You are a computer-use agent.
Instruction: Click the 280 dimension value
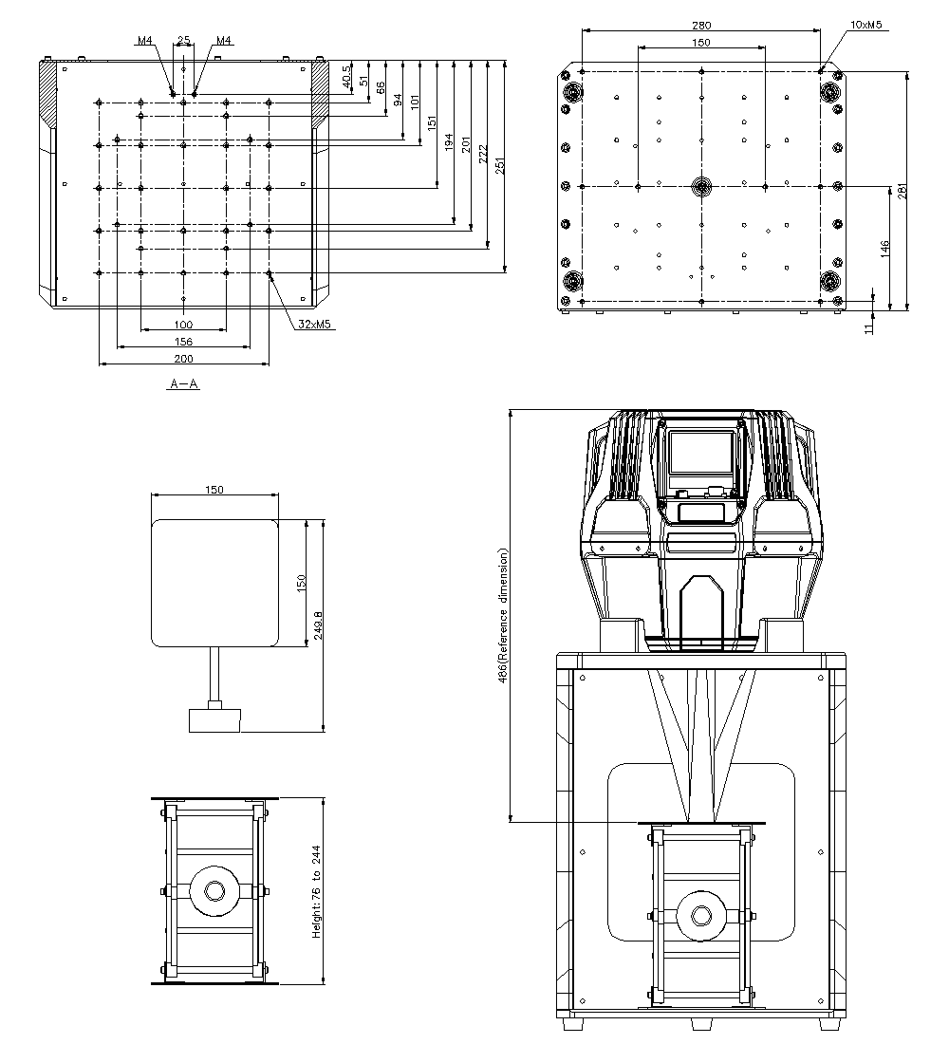pyautogui.click(x=701, y=26)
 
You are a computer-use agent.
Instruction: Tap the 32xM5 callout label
pyautogui.click(x=314, y=324)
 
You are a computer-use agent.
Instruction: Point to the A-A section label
pyautogui.click(x=184, y=383)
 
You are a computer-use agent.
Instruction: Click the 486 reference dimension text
pyautogui.click(x=504, y=615)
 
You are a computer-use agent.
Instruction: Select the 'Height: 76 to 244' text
pyautogui.click(x=317, y=892)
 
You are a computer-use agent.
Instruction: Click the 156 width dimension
pyautogui.click(x=183, y=342)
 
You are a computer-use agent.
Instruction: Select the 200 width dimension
pyautogui.click(x=183, y=359)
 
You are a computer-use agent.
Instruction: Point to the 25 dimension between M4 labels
pyautogui.click(x=183, y=41)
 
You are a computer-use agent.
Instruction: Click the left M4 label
pyautogui.click(x=144, y=41)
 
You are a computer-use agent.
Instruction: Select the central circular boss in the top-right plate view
pyautogui.click(x=701, y=186)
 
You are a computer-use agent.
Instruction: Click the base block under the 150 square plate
pyautogui.click(x=214, y=718)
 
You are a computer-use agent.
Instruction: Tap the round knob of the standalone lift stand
pyautogui.click(x=211, y=892)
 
